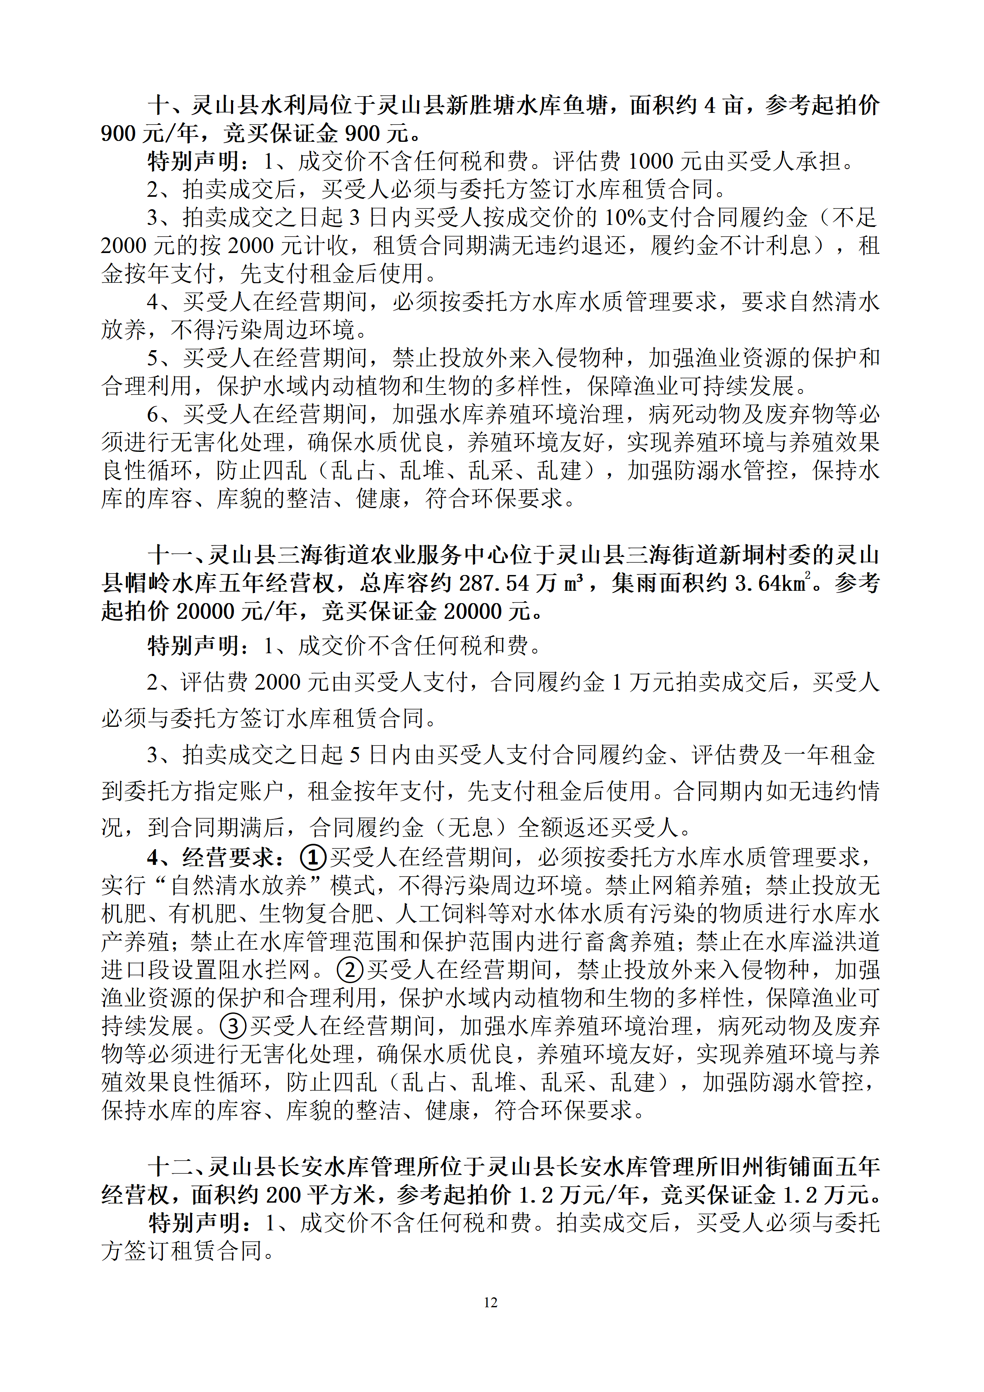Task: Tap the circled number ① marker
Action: point(313,857)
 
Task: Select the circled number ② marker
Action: point(350,969)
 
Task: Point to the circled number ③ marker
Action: point(233,1026)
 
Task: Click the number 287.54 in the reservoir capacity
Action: point(494,583)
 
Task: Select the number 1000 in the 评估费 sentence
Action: point(650,161)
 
